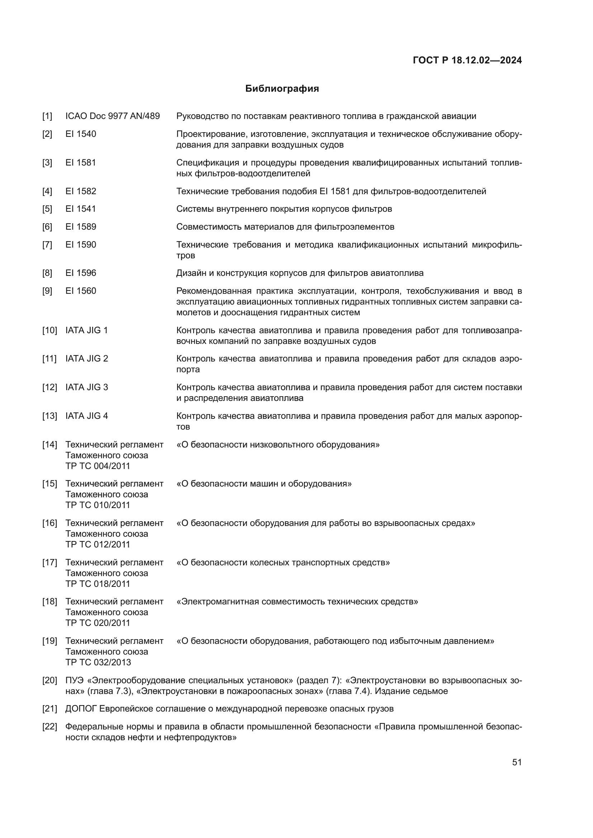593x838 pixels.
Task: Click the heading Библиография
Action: pyautogui.click(x=282, y=89)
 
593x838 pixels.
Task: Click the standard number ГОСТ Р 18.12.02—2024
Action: pyautogui.click(x=467, y=60)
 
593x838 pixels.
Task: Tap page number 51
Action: pyautogui.click(x=517, y=762)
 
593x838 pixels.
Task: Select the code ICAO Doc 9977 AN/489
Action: pyautogui.click(x=113, y=116)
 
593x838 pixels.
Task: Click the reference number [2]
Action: pyautogui.click(x=47, y=134)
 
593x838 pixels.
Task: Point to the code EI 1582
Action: pyautogui.click(x=81, y=191)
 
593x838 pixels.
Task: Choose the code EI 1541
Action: pyautogui.click(x=81, y=209)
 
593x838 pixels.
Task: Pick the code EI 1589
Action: pyautogui.click(x=81, y=227)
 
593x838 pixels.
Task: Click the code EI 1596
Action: pyautogui.click(x=81, y=273)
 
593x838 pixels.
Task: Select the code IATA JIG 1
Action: pyautogui.click(x=86, y=330)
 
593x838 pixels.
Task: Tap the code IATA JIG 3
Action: pyautogui.click(x=86, y=387)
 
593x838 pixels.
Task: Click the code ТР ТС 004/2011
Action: pyautogui.click(x=98, y=466)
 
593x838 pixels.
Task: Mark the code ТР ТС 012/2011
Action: pyautogui.click(x=98, y=544)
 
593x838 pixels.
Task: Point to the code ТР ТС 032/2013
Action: pyautogui.click(x=98, y=662)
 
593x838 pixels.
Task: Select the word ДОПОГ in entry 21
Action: pyautogui.click(x=81, y=709)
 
